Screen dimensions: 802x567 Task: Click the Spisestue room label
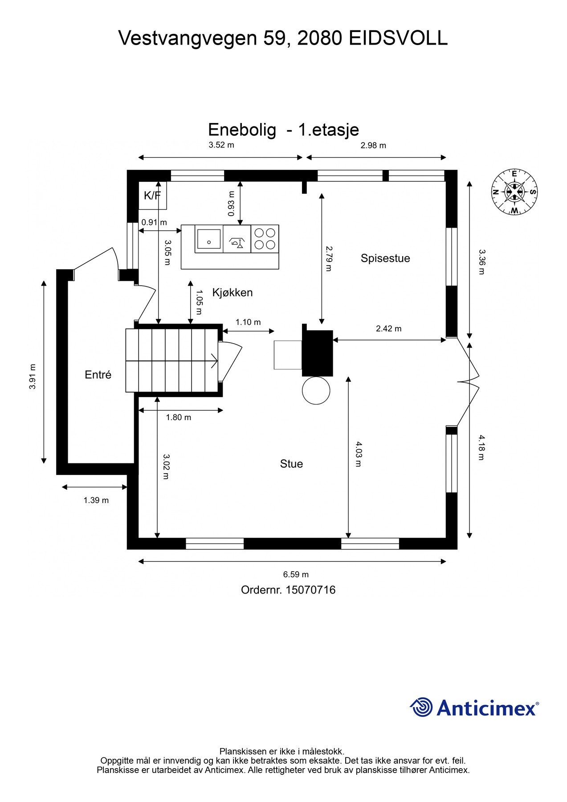coord(385,258)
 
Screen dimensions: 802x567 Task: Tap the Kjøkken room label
coord(232,293)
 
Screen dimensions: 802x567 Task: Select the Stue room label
coord(291,464)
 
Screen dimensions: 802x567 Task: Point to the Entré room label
coord(98,375)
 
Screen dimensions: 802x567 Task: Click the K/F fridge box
coord(152,195)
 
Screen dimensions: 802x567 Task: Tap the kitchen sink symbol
coord(208,239)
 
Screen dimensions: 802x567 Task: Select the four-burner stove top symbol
coord(265,239)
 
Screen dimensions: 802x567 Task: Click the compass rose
coord(514,192)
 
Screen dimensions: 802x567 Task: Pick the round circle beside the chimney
coord(316,390)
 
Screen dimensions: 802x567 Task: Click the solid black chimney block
coord(317,353)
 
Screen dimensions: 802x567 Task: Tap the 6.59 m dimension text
coord(296,575)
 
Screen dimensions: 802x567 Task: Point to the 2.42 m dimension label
coord(388,329)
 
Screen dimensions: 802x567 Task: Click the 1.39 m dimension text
coord(96,500)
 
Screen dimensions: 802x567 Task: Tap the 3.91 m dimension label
coord(33,376)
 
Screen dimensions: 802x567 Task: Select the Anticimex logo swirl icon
coord(421,707)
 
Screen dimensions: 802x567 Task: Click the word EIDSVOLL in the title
coord(398,38)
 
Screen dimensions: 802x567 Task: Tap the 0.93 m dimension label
coord(231,204)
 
